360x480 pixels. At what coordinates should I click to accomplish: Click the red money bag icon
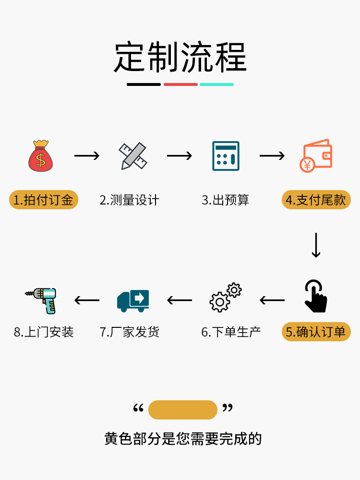click(41, 156)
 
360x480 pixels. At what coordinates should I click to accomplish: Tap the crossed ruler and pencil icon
click(132, 156)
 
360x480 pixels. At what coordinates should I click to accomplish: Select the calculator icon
click(226, 156)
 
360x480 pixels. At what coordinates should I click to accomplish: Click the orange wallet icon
click(316, 156)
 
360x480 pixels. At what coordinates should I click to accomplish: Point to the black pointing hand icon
click(316, 296)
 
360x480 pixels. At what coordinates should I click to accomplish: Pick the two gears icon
click(226, 298)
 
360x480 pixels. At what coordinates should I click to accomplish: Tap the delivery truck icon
click(133, 300)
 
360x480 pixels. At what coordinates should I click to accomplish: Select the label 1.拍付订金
click(43, 200)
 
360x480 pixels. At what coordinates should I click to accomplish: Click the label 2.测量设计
click(129, 200)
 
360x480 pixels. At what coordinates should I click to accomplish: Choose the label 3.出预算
click(225, 200)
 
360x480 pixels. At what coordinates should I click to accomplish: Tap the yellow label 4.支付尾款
click(316, 200)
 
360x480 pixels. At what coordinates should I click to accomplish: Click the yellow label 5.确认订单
click(316, 332)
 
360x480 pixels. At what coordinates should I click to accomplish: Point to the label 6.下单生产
click(231, 332)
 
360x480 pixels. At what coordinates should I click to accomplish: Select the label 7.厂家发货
click(130, 332)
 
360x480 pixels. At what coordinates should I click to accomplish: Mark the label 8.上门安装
click(44, 332)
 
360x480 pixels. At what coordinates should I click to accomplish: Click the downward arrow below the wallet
click(316, 245)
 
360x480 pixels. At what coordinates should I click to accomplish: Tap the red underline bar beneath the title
click(180, 84)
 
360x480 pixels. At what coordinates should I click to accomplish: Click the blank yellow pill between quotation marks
click(183, 410)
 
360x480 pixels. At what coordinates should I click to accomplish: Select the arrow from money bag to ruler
click(87, 156)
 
